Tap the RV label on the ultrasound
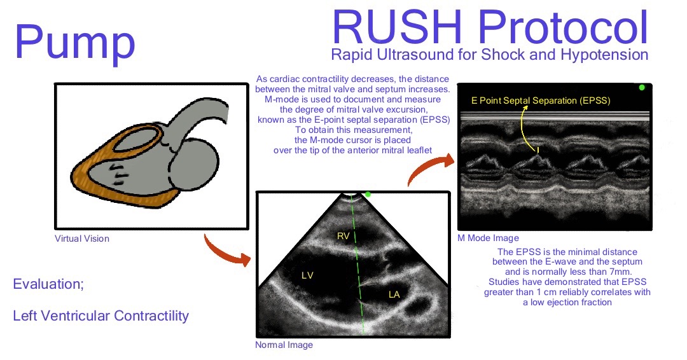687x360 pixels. click(x=344, y=237)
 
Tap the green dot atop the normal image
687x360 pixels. click(x=367, y=194)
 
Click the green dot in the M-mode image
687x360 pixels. click(x=641, y=87)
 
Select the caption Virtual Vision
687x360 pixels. click(x=82, y=239)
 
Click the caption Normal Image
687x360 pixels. click(x=284, y=345)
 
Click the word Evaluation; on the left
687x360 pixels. click(x=48, y=284)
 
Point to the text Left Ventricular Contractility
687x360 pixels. click(x=101, y=315)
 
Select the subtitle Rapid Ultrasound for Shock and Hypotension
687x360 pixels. click(x=490, y=55)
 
